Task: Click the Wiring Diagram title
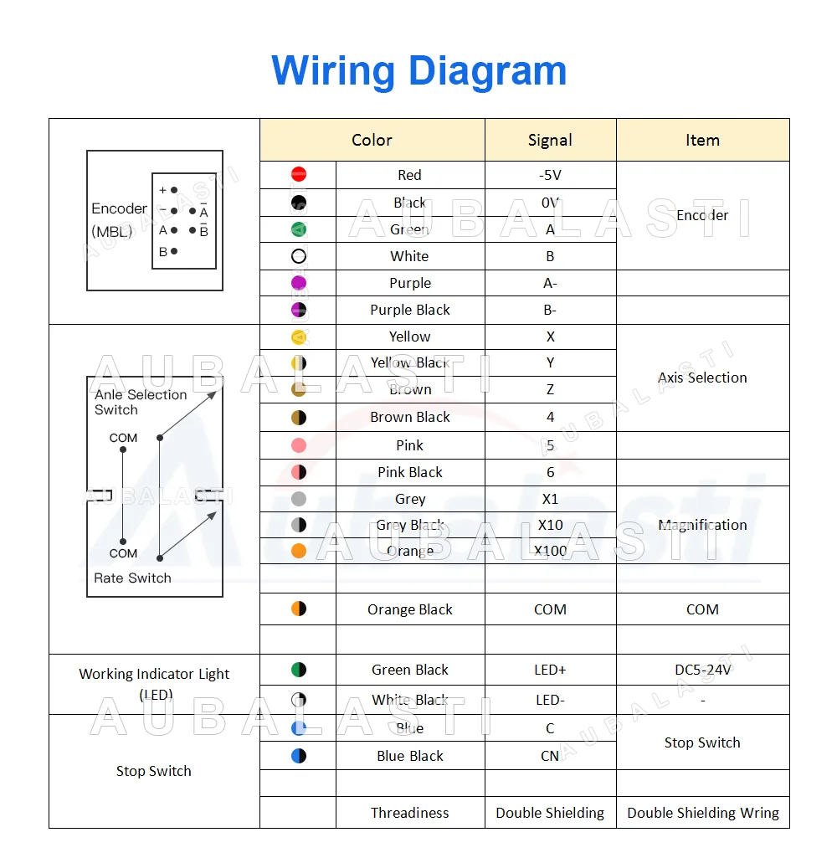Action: [418, 70]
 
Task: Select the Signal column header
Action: [550, 140]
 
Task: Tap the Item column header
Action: [702, 140]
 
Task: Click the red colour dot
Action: [299, 174]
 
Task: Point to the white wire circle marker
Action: [299, 256]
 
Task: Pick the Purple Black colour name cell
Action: [410, 310]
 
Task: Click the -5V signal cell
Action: [550, 175]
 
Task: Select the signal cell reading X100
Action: [550, 551]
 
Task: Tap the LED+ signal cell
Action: [550, 670]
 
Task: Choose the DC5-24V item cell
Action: [702, 670]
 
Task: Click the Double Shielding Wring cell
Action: [702, 813]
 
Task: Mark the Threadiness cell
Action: [410, 813]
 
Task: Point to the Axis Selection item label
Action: [702, 378]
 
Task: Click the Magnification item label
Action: [702, 525]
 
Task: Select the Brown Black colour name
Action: [410, 417]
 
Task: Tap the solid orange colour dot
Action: [299, 551]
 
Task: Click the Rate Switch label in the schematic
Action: [132, 578]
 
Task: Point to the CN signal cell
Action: [550, 756]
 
